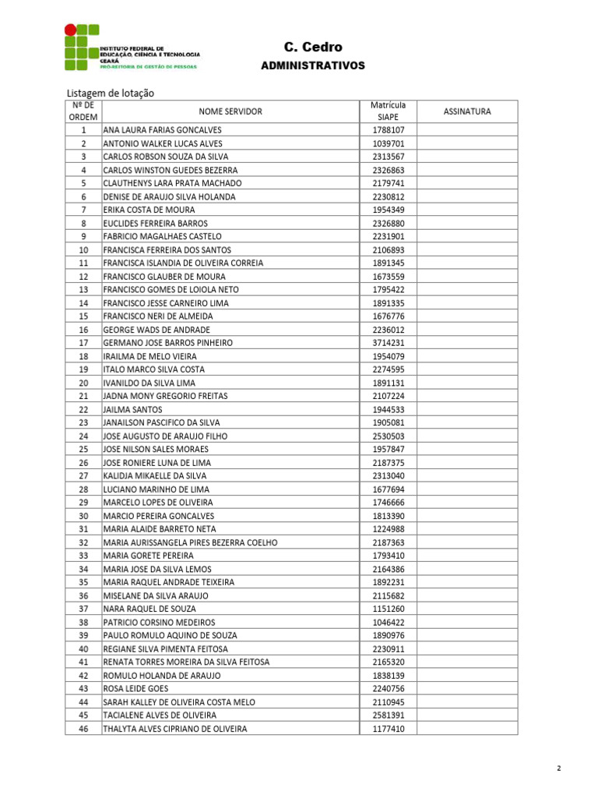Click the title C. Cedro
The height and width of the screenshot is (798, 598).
(312, 48)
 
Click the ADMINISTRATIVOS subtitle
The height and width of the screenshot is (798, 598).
(312, 66)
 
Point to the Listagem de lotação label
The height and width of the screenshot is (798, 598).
(111, 94)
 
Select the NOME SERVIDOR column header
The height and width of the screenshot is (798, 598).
(230, 111)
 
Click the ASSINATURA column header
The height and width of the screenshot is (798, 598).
(467, 111)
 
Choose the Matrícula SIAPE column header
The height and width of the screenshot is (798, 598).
(388, 111)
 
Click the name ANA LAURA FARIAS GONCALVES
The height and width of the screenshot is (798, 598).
(163, 130)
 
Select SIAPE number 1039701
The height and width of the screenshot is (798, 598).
(389, 143)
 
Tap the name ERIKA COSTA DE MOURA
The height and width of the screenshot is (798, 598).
(149, 210)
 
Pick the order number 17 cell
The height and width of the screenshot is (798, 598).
(83, 343)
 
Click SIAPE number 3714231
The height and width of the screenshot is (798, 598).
(389, 343)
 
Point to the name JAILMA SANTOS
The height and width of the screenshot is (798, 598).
(133, 409)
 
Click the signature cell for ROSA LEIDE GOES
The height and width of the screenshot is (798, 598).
(467, 689)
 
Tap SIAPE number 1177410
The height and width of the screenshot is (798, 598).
(389, 729)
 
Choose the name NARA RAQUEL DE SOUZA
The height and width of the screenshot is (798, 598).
(149, 609)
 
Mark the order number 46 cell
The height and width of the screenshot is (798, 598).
(83, 729)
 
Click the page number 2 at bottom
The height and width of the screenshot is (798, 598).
(559, 768)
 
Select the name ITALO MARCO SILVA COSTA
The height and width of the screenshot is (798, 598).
(154, 369)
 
